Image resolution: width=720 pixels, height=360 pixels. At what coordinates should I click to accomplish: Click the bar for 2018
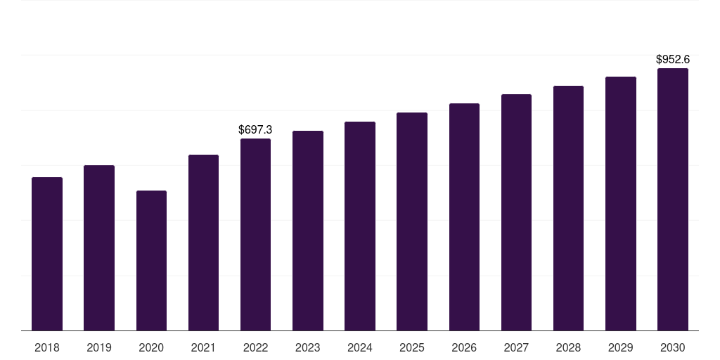47,254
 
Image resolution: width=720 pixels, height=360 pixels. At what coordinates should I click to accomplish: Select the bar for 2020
151,261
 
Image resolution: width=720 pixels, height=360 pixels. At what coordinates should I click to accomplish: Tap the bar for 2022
255,235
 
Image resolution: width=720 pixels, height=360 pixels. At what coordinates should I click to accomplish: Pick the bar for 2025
412,221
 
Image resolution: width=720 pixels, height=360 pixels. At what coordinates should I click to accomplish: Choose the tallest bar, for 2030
672,200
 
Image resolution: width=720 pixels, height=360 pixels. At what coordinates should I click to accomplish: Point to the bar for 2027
516,212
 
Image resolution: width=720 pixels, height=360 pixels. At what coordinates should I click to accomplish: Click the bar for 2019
99,248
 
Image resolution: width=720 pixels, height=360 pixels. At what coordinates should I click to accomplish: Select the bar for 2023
308,231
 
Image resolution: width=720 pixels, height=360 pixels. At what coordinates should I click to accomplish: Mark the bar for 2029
621,204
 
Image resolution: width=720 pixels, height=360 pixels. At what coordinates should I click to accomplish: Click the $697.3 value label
255,130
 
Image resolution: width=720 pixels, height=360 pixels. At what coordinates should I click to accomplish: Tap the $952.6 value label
672,60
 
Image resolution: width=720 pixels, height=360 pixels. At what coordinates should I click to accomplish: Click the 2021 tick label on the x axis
203,347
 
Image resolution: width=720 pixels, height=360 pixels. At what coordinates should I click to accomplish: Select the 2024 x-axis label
360,347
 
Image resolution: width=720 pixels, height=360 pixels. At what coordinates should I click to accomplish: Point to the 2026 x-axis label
464,347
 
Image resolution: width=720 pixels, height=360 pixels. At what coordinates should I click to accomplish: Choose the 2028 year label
568,347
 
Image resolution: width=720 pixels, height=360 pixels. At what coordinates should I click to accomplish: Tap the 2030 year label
672,347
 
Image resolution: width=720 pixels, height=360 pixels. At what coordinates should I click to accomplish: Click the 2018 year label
47,347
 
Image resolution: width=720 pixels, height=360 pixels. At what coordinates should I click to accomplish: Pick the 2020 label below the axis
151,347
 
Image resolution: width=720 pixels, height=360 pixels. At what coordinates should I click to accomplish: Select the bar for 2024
360,226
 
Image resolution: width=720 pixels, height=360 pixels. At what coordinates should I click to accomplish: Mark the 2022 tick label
255,347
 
